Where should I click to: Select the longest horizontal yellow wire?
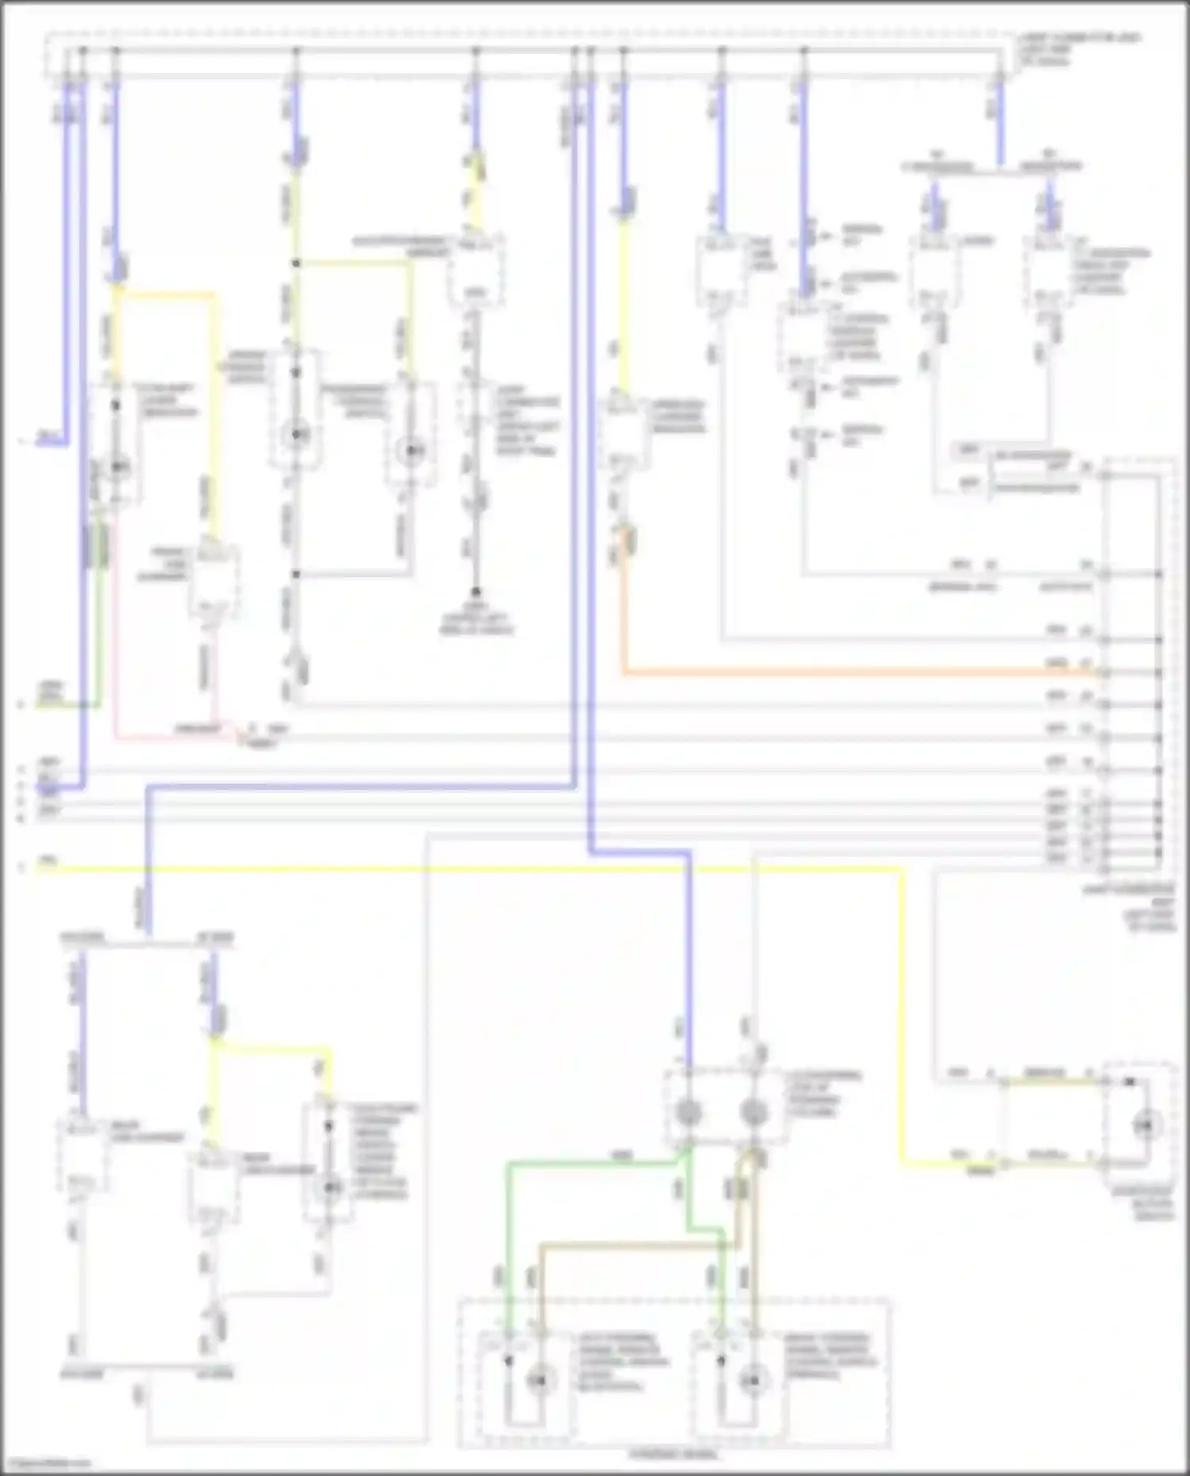coord(476,869)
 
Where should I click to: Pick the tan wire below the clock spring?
coord(635,1245)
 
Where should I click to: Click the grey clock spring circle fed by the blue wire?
coord(688,1112)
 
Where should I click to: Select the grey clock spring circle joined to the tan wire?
coord(754,1112)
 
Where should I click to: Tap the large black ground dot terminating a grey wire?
coord(476,592)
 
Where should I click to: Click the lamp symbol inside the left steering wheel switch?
coord(539,1381)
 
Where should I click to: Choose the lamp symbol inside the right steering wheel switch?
coord(753,1381)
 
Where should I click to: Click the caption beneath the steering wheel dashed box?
coord(675,1455)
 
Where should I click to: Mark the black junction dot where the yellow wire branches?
coord(296,263)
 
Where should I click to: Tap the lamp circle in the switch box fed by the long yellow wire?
coord(1145,1125)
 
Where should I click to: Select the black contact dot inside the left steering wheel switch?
coord(509,1361)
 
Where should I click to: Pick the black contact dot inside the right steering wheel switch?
coord(721,1361)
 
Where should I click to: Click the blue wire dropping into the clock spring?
coord(689,952)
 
